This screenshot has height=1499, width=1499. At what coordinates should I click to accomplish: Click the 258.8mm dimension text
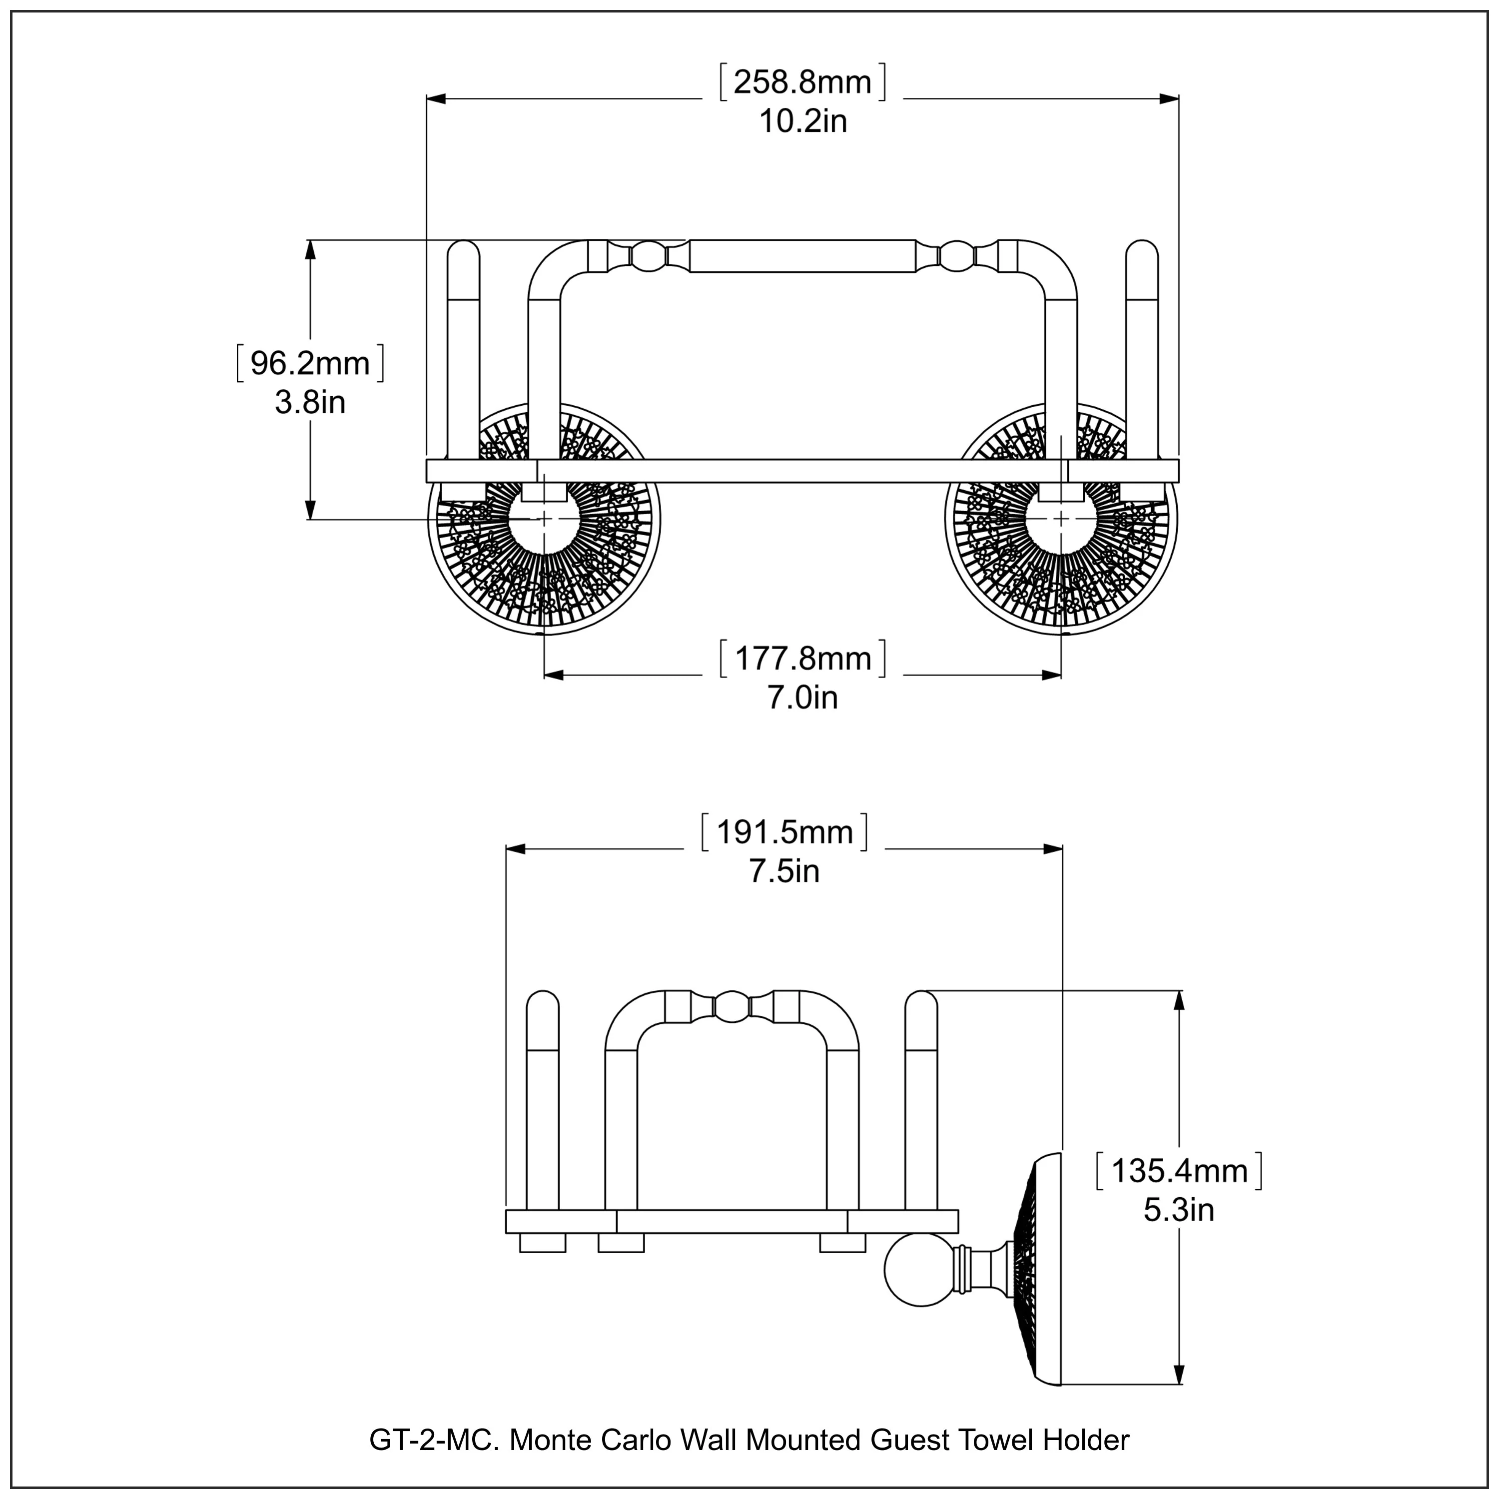(803, 81)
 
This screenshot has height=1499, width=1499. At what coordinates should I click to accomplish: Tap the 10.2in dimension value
(803, 122)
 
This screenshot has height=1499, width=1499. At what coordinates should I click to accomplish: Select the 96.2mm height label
(310, 363)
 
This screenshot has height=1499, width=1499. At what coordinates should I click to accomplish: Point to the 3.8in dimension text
(310, 403)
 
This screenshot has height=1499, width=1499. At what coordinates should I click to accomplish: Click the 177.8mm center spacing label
(803, 659)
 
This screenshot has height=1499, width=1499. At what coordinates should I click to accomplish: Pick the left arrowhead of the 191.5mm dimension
(516, 849)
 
